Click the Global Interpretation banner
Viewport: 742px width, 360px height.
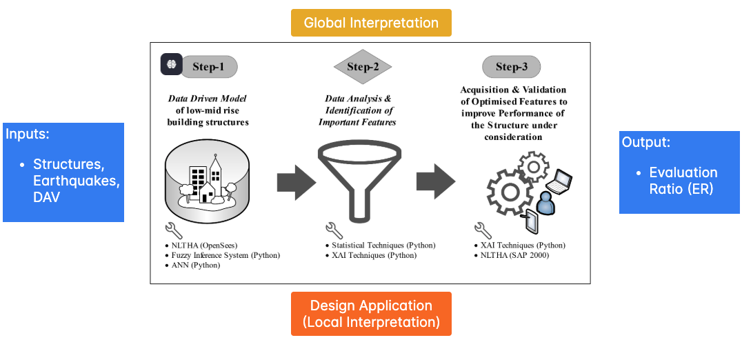pos(371,23)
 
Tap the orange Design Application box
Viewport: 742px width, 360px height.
pos(371,314)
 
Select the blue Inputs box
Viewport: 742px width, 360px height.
pos(63,172)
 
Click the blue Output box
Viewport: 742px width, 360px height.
pos(679,172)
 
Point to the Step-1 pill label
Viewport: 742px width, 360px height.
pos(209,67)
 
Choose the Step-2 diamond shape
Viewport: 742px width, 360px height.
pos(363,67)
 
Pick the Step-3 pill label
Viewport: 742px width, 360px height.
pos(511,67)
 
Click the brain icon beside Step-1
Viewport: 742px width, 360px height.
pos(171,64)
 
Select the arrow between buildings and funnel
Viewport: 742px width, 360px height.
pos(296,182)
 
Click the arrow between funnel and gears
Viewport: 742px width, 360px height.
pos(435,182)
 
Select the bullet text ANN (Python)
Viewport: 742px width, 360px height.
pos(195,265)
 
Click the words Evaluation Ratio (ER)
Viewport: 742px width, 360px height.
pos(683,180)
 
